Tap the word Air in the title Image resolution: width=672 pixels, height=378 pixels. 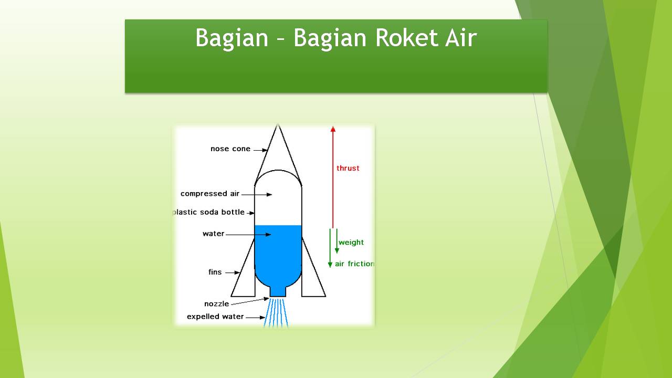(460, 38)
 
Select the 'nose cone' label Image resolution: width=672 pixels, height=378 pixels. (230, 149)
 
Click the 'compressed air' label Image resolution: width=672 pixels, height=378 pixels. (210, 194)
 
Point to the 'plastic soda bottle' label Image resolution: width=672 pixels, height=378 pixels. (209, 212)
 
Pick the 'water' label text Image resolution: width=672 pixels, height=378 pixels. (213, 234)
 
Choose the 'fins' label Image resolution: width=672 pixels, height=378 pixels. (215, 272)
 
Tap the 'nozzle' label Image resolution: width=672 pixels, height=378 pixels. (216, 304)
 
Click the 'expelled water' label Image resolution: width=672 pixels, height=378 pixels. (215, 317)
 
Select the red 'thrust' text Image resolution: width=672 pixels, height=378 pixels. (348, 169)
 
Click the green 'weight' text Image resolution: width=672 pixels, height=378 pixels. (351, 243)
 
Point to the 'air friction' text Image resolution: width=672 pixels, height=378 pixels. (354, 264)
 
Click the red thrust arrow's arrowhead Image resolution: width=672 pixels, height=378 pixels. (332, 129)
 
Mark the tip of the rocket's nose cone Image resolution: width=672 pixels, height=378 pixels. (278, 125)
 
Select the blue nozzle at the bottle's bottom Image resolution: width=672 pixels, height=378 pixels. (278, 291)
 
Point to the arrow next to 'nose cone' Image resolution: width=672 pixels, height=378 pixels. (260, 150)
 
